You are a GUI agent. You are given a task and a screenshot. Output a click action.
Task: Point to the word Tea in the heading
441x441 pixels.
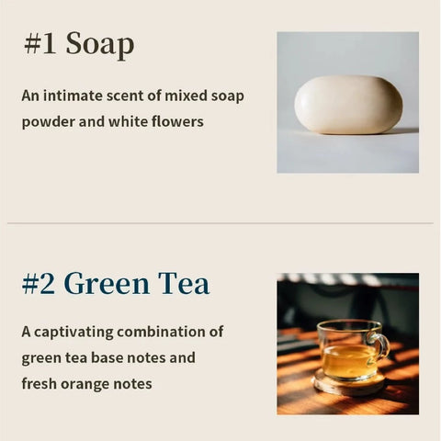click(x=183, y=283)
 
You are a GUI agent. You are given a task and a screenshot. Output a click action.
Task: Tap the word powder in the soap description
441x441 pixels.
click(x=48, y=121)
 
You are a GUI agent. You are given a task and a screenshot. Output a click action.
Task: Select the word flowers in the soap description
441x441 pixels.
click(x=175, y=121)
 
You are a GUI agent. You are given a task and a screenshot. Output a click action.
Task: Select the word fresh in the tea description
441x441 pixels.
click(x=41, y=383)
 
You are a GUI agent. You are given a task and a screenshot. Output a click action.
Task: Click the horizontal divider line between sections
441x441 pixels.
click(x=220, y=222)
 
